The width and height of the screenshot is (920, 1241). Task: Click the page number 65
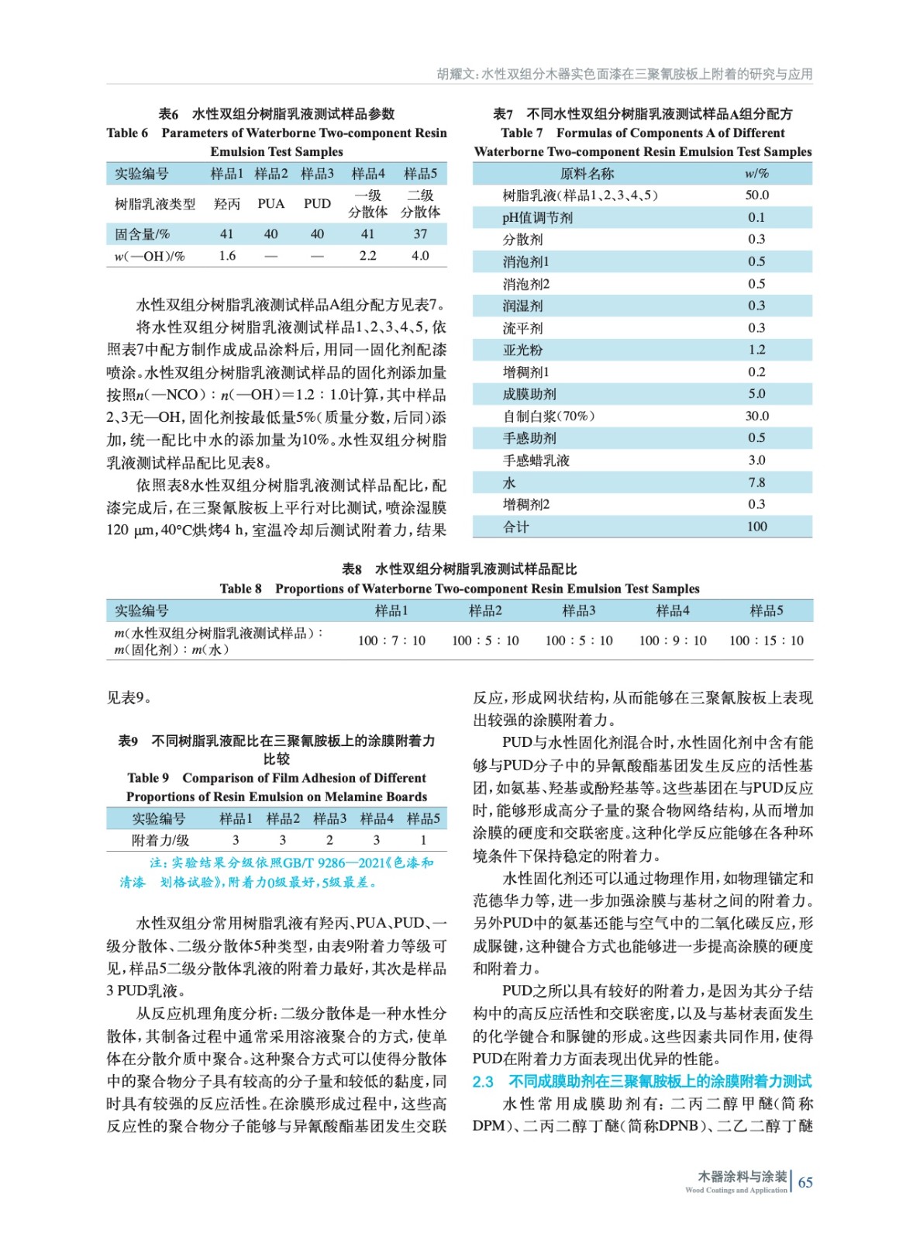pyautogui.click(x=805, y=1182)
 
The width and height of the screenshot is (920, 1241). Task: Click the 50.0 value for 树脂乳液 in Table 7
pyautogui.click(x=756, y=195)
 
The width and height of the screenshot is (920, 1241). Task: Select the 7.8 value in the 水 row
pyautogui.click(x=756, y=482)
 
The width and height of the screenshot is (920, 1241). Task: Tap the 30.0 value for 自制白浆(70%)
pyautogui.click(x=756, y=416)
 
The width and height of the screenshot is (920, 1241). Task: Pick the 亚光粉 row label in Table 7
pyautogui.click(x=522, y=350)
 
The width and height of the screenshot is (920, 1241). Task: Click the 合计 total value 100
pyautogui.click(x=756, y=527)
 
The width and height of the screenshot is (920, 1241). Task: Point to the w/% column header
pyautogui.click(x=756, y=174)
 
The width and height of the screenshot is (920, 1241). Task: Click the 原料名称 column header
pyautogui.click(x=587, y=174)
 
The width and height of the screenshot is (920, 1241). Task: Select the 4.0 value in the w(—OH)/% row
pyautogui.click(x=420, y=256)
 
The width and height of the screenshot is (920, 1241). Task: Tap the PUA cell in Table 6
pyautogui.click(x=270, y=204)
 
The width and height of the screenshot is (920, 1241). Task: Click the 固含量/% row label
pyautogui.click(x=142, y=234)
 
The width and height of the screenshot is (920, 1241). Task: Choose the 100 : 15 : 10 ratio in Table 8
pyautogui.click(x=766, y=641)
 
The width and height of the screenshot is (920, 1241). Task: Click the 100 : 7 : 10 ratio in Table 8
pyautogui.click(x=391, y=641)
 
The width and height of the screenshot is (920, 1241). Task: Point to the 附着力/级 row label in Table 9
pyautogui.click(x=160, y=840)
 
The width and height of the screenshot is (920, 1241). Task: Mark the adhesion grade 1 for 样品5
pyautogui.click(x=423, y=840)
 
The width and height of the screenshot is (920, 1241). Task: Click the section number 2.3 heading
pyautogui.click(x=483, y=1081)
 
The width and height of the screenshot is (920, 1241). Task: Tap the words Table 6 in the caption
pyautogui.click(x=127, y=133)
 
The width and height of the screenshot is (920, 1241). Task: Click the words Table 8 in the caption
pyautogui.click(x=240, y=589)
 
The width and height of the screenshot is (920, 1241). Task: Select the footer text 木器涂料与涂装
pyautogui.click(x=742, y=1177)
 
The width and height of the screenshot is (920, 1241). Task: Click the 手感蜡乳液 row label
pyautogui.click(x=536, y=461)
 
